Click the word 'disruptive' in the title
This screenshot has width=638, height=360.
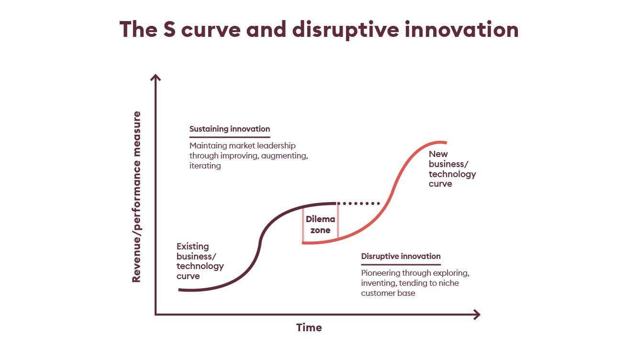[346, 30]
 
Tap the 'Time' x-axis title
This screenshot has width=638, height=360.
[309, 327]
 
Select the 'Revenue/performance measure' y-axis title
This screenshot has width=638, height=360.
[136, 197]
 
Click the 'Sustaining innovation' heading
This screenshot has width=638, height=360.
[230, 129]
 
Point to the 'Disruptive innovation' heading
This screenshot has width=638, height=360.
[401, 256]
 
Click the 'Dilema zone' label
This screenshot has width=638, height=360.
[320, 225]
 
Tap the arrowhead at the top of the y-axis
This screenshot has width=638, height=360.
[156, 77]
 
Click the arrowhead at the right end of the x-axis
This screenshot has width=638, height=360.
[477, 315]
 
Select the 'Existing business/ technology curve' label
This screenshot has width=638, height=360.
[200, 261]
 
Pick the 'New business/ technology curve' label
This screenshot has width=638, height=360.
[452, 169]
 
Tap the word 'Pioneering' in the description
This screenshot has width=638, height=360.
[380, 273]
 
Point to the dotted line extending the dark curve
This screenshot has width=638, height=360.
[358, 203]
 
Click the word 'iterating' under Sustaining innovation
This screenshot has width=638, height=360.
[205, 166]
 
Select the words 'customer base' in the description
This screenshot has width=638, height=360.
[388, 293]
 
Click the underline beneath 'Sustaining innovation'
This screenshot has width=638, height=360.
[230, 137]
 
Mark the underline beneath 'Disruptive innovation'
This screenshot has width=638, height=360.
[401, 265]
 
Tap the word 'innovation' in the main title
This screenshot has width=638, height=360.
[461, 29]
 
